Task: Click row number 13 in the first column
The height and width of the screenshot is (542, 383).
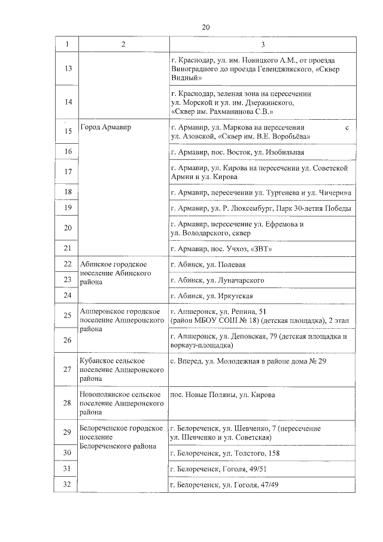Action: [x=67, y=69]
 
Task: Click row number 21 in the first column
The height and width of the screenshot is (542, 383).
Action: [x=67, y=248]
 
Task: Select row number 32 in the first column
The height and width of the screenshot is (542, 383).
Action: [x=67, y=483]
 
